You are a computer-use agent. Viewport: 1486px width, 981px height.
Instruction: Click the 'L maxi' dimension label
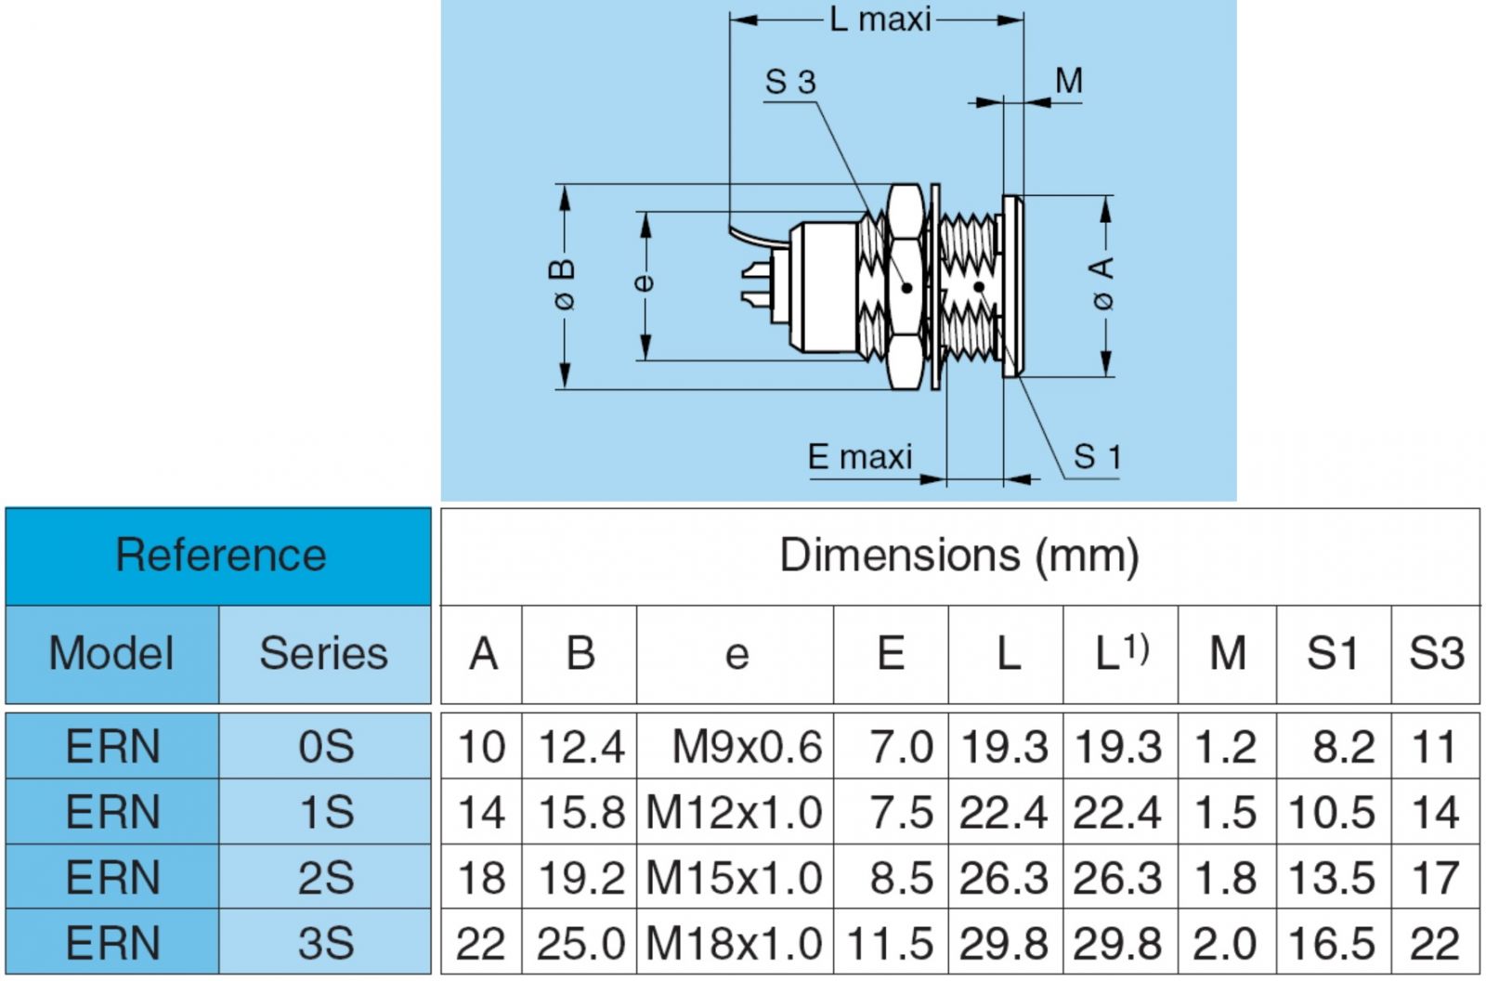tap(880, 19)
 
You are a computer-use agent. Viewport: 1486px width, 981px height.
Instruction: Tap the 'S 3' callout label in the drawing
tap(789, 82)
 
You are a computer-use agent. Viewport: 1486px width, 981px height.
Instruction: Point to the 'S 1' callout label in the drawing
tap(1097, 456)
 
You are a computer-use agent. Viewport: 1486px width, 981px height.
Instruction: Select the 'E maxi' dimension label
tap(860, 456)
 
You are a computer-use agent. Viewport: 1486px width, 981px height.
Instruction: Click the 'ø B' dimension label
tap(564, 284)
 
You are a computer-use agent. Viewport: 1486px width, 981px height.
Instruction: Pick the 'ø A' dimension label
tap(1101, 283)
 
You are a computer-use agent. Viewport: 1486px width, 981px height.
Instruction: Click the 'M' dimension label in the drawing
tap(1069, 81)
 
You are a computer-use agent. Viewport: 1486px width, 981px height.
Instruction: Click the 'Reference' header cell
tap(220, 556)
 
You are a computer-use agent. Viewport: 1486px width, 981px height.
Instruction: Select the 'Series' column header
tap(323, 653)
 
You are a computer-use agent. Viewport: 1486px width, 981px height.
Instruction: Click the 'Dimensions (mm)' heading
tap(958, 556)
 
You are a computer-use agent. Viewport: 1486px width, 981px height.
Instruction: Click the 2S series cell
tap(325, 878)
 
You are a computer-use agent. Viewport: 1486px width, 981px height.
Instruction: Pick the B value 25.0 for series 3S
tap(580, 944)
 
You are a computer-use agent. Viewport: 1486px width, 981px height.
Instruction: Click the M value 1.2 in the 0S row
tap(1226, 747)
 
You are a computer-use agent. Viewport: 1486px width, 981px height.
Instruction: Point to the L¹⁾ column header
tap(1121, 653)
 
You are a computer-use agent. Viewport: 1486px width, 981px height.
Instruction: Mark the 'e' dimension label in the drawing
tap(644, 281)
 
